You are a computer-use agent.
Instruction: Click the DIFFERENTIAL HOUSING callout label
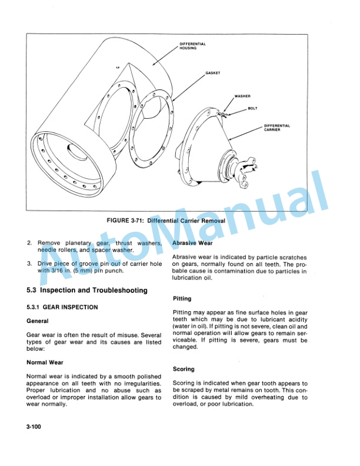click(192, 46)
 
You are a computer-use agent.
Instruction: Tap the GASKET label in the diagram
click(212, 74)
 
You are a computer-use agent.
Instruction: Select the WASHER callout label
click(242, 95)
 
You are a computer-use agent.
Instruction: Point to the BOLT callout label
click(252, 108)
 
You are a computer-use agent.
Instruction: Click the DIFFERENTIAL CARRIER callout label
click(276, 127)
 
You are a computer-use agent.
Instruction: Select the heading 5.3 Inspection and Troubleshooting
click(87, 291)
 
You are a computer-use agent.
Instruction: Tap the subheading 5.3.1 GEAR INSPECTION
click(62, 307)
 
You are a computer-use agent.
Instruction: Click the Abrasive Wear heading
click(192, 242)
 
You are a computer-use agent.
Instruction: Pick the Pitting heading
click(182, 299)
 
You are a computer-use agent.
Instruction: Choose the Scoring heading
click(184, 370)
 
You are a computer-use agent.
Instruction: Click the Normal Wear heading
click(45, 362)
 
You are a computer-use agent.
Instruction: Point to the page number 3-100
click(36, 425)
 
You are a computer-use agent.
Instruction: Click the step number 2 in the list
click(29, 242)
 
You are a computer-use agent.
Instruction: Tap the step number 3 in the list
click(29, 264)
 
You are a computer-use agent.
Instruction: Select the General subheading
click(38, 321)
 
